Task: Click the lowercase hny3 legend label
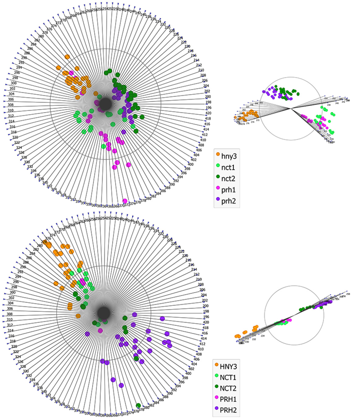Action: [x=228, y=156]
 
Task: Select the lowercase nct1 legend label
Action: [x=228, y=167]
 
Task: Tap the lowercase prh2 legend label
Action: [x=228, y=201]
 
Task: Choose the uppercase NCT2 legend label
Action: [x=228, y=388]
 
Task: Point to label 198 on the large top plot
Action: [x=208, y=102]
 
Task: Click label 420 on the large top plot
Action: [x=208, y=113]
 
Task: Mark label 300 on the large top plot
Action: [x=14, y=83]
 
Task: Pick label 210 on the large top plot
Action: [x=201, y=70]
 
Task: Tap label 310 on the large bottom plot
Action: [x=10, y=320]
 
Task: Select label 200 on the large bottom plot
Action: [x=206, y=306]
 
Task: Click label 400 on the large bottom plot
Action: [x=188, y=374]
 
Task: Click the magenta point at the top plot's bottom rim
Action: [x=125, y=201]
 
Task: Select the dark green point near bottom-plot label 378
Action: [x=138, y=405]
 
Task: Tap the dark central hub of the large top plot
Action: [x=106, y=104]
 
